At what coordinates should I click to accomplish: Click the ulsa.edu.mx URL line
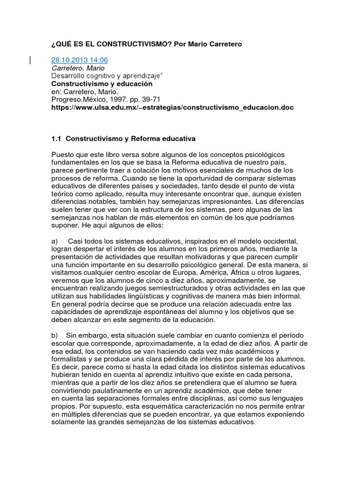172,107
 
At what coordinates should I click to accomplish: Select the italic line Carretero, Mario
77,68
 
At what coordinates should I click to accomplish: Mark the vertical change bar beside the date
31,60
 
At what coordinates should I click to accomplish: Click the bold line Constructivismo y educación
102,83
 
